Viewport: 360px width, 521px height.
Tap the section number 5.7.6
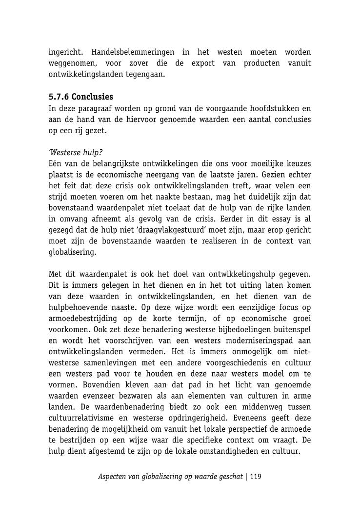[x=59, y=97]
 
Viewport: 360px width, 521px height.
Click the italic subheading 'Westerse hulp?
[x=76, y=152]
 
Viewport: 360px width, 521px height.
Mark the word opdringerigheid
[x=195, y=418]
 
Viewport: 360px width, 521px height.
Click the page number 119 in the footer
[x=256, y=477]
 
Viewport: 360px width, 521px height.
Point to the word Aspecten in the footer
[x=112, y=477]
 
